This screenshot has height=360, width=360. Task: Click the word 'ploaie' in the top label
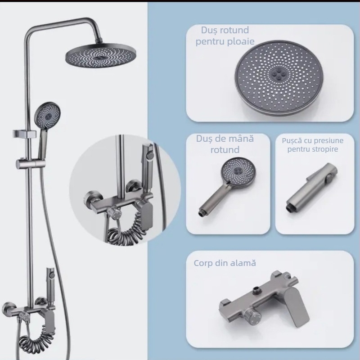[241, 41]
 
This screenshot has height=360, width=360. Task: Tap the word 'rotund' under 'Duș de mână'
[225, 150]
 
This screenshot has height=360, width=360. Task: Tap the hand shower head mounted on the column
[48, 114]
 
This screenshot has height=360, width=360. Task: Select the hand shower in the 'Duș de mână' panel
[227, 186]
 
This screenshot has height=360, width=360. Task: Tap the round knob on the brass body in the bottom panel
[253, 315]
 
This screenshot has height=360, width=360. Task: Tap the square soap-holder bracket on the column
[25, 134]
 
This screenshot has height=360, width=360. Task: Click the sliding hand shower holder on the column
[31, 164]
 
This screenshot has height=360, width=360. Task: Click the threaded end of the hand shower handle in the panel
[202, 213]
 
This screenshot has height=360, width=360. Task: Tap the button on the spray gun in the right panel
[329, 178]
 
